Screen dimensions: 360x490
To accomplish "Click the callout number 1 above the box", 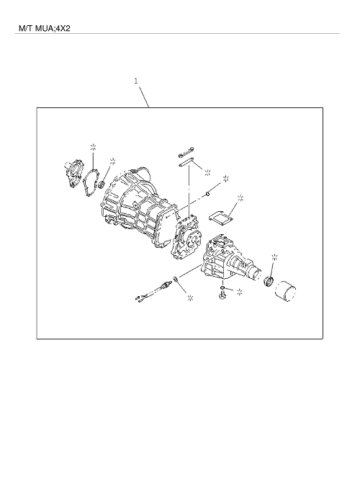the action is [x=136, y=81].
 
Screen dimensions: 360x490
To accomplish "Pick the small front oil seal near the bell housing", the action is [x=102, y=184].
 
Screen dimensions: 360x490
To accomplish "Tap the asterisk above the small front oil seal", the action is [x=113, y=161].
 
